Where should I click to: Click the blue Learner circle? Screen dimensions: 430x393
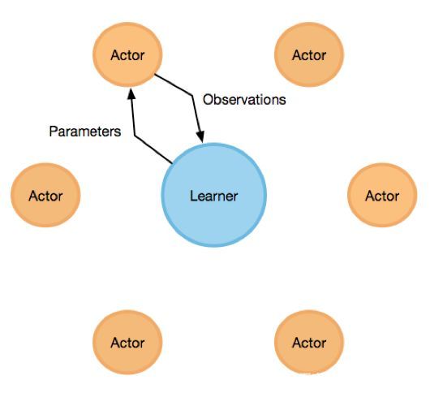tap(214, 195)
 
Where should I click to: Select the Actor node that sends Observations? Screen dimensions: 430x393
tap(127, 54)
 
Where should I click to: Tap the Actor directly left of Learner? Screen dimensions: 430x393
tap(45, 195)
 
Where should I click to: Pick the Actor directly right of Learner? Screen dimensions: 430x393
tap(382, 195)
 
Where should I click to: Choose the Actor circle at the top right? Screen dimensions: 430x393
tap(309, 54)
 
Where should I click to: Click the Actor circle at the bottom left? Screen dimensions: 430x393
tap(127, 342)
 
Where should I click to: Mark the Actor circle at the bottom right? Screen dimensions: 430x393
tap(309, 342)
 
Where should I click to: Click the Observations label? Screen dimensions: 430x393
tap(244, 99)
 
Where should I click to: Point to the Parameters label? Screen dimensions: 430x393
tap(85, 132)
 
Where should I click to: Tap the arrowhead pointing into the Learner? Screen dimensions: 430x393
tap(200, 136)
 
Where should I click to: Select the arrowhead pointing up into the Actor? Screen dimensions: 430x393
tap(131, 93)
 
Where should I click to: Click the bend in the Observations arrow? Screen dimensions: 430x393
tap(191, 95)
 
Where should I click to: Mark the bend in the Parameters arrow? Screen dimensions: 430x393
tap(135, 136)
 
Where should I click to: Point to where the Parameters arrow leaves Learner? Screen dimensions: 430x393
tap(172, 163)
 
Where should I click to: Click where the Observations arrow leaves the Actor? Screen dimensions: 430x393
tap(155, 75)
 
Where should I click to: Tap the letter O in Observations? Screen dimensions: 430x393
tap(208, 99)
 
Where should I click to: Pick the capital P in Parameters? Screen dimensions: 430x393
tap(54, 132)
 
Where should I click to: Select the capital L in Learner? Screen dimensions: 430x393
tap(194, 196)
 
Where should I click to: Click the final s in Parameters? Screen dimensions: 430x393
tap(118, 133)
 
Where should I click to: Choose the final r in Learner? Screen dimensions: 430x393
tap(234, 197)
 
